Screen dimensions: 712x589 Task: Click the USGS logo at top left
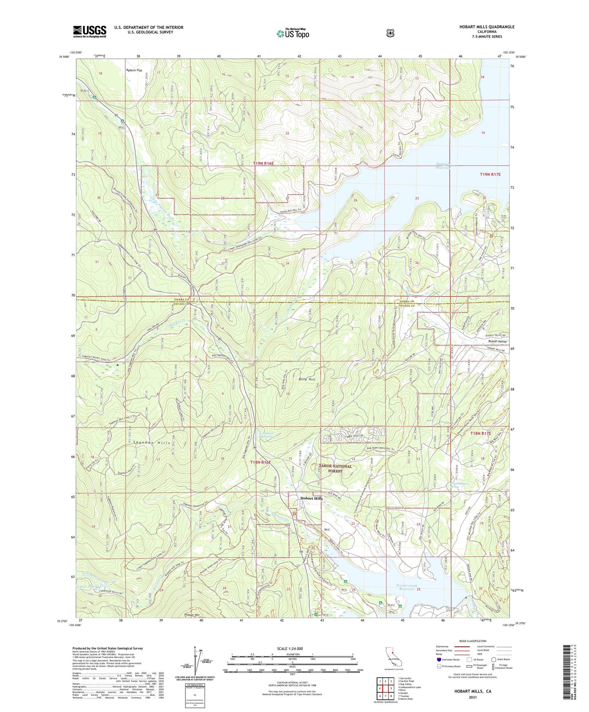point(90,31)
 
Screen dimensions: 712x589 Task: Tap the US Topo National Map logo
point(293,33)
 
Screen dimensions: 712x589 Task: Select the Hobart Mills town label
point(311,498)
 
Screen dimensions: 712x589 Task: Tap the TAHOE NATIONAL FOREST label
point(335,469)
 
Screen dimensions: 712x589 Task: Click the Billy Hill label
point(307,379)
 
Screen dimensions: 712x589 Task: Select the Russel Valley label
point(497,341)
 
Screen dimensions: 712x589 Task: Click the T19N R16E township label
point(263,163)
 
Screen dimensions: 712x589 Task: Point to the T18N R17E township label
point(481,433)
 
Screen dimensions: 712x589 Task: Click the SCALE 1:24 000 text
point(290,648)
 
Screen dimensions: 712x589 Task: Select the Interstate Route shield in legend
point(439,659)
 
